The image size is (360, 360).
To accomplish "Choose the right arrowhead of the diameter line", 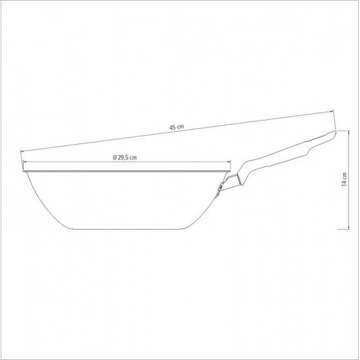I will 230,164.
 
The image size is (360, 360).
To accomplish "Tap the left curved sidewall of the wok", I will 39,200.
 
